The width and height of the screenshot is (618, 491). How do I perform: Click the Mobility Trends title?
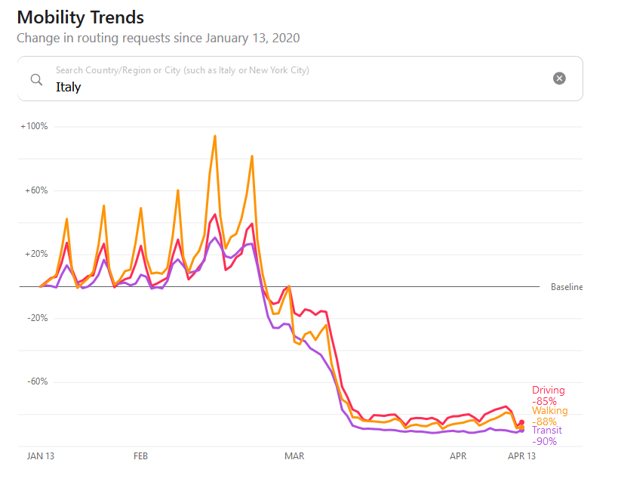click(x=80, y=17)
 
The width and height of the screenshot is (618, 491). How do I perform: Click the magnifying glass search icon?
click(x=36, y=79)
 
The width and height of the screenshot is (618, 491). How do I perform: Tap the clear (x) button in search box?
click(x=559, y=78)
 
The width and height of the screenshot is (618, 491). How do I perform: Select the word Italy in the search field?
click(x=68, y=87)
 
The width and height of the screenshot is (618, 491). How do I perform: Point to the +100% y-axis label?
click(x=34, y=126)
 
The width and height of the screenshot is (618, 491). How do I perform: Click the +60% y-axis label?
click(x=35, y=190)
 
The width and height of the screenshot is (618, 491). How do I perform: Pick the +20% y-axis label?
click(x=35, y=254)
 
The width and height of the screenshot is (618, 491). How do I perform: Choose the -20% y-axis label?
click(x=36, y=318)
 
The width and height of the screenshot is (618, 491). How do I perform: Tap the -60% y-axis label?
click(x=36, y=381)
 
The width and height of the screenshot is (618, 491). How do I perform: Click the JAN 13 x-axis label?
click(x=41, y=456)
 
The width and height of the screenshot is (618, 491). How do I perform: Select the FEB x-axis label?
click(x=140, y=456)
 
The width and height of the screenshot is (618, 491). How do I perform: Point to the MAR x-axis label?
click(x=294, y=456)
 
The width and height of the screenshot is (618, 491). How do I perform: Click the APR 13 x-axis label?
click(x=521, y=456)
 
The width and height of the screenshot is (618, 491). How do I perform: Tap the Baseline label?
click(x=567, y=287)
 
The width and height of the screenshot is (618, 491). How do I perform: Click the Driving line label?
click(x=548, y=391)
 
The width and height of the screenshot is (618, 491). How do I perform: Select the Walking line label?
click(x=549, y=411)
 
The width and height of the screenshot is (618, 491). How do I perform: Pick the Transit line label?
click(x=546, y=431)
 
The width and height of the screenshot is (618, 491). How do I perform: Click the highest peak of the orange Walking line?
click(x=215, y=137)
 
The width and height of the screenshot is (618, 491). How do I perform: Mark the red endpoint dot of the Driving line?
click(x=521, y=422)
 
